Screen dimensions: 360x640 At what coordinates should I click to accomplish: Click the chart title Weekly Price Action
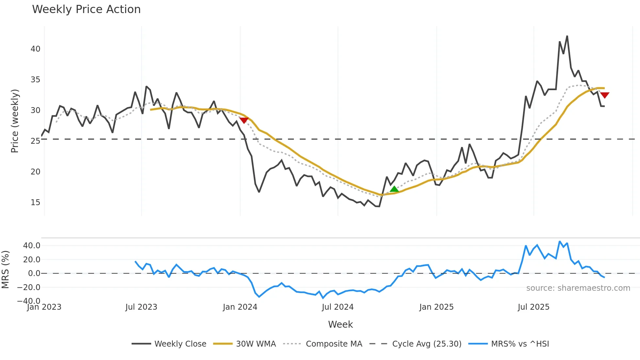[x=86, y=9]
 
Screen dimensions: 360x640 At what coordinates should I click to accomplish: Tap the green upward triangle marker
[x=394, y=189]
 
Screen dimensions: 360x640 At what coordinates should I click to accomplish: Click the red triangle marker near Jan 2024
[x=244, y=120]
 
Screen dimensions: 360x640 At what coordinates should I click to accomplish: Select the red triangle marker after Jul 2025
[x=604, y=95]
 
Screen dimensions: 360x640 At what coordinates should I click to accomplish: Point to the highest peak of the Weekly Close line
[x=567, y=36]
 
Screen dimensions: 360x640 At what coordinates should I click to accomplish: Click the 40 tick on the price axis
[x=35, y=49]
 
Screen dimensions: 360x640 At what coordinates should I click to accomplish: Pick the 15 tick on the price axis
[x=35, y=203]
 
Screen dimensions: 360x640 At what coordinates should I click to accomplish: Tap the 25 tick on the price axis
[x=35, y=141]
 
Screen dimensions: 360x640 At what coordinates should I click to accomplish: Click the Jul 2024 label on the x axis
[x=338, y=307]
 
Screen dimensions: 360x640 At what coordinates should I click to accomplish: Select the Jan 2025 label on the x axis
[x=436, y=307]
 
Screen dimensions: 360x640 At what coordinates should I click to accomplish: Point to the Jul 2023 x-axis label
[x=141, y=307]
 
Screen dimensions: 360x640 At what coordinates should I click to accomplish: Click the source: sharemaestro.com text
[x=578, y=288]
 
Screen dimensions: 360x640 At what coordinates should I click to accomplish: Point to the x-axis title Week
[x=340, y=324]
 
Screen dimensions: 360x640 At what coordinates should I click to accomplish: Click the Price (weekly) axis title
[x=15, y=121]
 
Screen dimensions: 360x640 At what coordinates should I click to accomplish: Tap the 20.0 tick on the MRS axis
[x=32, y=260]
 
